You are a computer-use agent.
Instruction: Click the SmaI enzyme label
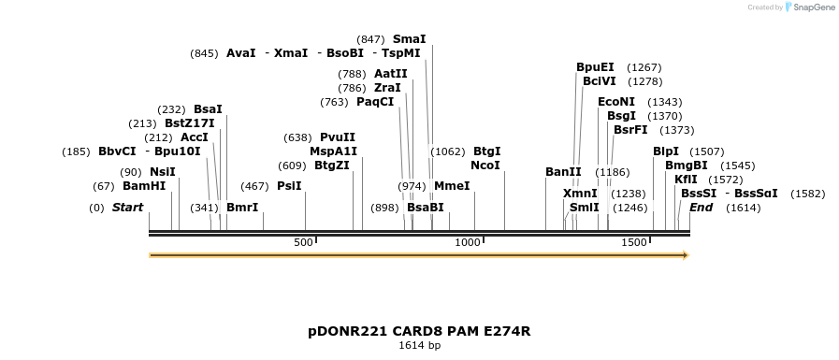pos(409,39)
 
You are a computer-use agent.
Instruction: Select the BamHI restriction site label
pos(143,185)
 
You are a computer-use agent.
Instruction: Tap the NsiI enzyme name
pos(163,171)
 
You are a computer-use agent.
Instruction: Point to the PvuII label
pos(338,137)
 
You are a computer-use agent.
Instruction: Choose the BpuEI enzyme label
pos(595,67)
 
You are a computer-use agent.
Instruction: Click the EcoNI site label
pos(616,101)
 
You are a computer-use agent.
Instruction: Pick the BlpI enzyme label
pos(666,151)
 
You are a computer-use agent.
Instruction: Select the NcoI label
pos(485,165)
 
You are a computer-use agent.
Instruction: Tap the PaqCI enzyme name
pos(375,101)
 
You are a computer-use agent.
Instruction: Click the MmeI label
pos(452,185)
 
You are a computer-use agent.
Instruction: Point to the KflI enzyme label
pos(686,179)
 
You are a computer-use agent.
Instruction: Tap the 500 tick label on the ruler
pos(303,242)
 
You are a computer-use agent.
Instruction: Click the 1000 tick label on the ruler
pos(467,242)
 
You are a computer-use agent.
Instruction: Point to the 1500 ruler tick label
pos(634,242)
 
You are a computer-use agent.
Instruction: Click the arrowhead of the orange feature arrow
pos(685,255)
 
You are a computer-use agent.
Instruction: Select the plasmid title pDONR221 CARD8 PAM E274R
pos(419,331)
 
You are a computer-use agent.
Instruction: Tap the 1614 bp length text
pos(419,346)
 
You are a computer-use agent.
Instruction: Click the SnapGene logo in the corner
pos(807,7)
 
